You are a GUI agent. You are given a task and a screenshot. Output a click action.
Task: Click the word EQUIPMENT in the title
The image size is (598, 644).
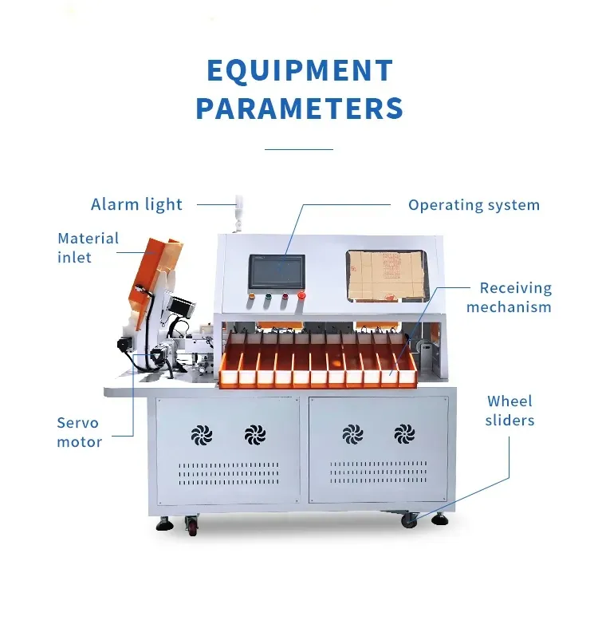tap(300, 71)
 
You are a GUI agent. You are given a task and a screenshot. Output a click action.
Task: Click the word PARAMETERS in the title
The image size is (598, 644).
tap(300, 109)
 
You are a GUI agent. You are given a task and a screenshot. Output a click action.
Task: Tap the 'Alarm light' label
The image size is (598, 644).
tap(136, 204)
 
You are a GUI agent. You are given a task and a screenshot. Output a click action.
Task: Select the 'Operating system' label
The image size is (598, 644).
tap(474, 205)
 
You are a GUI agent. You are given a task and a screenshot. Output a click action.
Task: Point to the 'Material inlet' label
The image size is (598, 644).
tap(88, 247)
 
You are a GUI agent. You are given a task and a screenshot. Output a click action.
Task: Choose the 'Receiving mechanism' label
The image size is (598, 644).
tap(509, 298)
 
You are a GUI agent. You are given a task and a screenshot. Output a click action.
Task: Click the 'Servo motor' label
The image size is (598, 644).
tap(79, 432)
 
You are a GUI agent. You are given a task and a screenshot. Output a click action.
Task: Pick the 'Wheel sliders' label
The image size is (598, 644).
tap(509, 411)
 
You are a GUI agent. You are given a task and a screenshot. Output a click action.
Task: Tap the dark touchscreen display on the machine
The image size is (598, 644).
tap(277, 271)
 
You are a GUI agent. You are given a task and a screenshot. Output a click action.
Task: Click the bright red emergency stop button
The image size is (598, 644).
tap(301, 295)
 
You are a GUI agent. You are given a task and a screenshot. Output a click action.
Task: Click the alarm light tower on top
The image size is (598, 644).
tap(238, 213)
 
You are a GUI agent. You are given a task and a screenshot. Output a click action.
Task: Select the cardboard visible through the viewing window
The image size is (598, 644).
tap(386, 275)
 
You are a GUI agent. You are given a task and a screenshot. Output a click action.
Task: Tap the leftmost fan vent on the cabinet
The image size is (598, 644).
tap(202, 435)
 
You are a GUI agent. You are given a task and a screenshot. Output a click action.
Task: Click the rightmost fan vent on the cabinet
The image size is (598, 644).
tap(404, 433)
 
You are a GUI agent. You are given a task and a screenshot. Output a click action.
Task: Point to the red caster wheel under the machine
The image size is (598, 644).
tap(192, 524)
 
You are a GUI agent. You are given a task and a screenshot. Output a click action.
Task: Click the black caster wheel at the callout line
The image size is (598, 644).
tap(409, 520)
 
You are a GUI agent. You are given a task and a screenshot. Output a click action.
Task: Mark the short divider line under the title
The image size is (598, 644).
tap(299, 149)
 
